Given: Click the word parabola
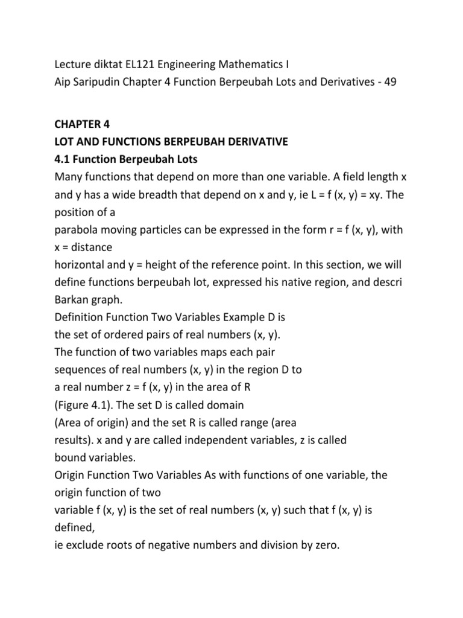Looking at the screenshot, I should pyautogui.click(x=77, y=231).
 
